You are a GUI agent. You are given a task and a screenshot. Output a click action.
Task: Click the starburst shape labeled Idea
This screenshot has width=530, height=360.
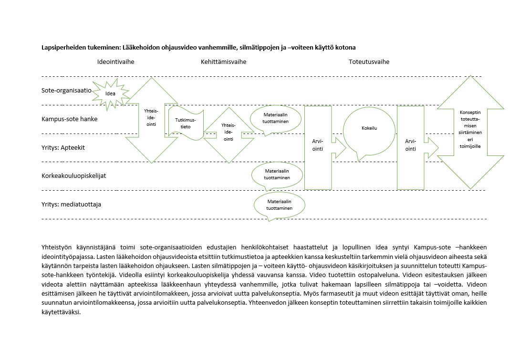point(110,93)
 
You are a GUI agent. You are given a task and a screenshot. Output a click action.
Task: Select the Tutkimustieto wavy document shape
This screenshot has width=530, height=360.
point(185,123)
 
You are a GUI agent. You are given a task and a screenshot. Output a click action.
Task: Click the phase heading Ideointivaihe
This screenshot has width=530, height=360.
point(115,62)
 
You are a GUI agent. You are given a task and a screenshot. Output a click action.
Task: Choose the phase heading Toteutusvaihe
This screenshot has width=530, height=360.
point(369,62)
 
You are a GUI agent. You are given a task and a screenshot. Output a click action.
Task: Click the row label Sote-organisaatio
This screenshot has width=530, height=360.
point(66,90)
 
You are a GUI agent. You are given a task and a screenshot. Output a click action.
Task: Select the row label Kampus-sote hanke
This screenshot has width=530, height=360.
point(69,119)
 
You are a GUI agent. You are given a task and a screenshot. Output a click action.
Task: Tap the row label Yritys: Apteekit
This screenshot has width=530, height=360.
point(63,147)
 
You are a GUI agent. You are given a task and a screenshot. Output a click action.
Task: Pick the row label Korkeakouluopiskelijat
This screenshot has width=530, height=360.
point(73,175)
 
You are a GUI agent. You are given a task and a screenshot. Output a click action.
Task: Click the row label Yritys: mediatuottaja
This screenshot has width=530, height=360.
point(71,204)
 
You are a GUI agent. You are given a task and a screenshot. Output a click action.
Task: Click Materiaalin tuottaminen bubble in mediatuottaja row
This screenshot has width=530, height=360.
point(279,205)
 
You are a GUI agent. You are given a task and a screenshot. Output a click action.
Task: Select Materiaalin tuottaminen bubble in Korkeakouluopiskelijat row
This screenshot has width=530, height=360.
point(277,174)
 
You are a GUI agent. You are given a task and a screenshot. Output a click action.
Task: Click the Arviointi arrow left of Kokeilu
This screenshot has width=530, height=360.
point(318,144)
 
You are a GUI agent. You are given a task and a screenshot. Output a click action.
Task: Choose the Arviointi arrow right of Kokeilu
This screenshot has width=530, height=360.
point(410,144)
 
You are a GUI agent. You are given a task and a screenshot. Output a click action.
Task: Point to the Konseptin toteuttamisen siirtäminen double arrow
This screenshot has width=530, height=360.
point(471,132)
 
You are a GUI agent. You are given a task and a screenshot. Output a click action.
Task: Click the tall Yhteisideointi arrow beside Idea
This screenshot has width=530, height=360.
point(151,120)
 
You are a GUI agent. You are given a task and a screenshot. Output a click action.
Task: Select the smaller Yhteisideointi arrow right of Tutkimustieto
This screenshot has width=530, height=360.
point(229,132)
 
